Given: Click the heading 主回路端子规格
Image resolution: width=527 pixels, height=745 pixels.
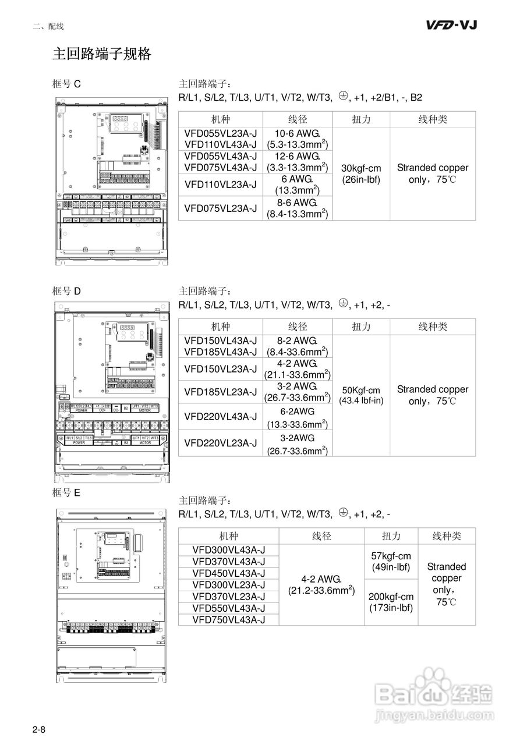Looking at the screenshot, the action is (x=102, y=54).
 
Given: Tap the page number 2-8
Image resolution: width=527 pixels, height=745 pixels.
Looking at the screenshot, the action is (x=39, y=729).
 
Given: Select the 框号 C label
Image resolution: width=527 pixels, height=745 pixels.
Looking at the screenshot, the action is (x=66, y=84).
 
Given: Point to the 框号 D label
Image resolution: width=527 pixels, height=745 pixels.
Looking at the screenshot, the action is (x=66, y=291).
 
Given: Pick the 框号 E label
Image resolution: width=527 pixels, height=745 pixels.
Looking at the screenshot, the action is (x=66, y=492).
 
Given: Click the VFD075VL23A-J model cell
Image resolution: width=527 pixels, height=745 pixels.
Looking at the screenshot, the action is (x=221, y=208).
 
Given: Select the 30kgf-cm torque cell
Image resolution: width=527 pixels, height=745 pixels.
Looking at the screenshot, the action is (x=361, y=173).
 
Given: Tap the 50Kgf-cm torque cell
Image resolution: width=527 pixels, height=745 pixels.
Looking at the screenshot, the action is (x=361, y=395).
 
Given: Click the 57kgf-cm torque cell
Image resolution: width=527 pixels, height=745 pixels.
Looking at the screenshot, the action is (x=391, y=562).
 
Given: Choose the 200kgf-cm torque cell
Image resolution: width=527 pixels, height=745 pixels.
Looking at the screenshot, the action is (x=391, y=602).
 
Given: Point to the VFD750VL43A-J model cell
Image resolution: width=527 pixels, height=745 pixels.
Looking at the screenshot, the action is (x=228, y=620).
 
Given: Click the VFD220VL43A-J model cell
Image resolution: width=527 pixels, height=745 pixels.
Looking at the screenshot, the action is (x=221, y=417).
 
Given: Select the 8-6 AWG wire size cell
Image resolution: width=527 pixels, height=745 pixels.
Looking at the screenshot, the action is (x=298, y=208).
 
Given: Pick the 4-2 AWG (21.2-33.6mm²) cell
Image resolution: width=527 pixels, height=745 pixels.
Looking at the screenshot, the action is (x=321, y=584).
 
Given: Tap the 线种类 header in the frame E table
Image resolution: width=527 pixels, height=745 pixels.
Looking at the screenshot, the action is (x=447, y=536).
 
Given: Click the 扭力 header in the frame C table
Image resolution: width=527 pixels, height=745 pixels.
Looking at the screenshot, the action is (x=361, y=119).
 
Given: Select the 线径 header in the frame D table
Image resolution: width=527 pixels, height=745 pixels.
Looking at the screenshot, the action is (x=298, y=327).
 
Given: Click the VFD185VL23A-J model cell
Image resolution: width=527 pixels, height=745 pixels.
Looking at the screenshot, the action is (x=221, y=392).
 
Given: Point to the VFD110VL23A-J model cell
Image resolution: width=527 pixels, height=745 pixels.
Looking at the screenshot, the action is (x=221, y=185).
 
